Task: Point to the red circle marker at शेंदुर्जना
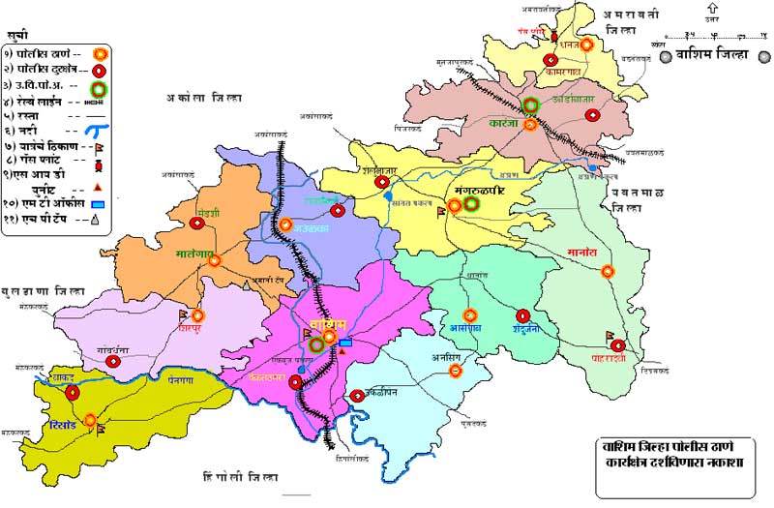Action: click(x=523, y=315)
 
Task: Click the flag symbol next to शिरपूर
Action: click(x=183, y=314)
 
